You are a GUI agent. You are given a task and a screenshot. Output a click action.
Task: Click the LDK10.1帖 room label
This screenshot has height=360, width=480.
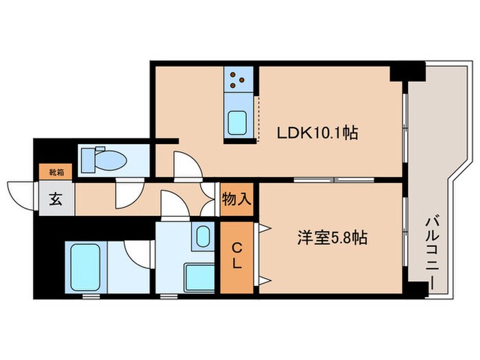317,132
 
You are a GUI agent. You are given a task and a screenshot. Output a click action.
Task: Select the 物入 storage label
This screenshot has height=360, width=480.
237,200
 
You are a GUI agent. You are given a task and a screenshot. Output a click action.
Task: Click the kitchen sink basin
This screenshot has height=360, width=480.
240,123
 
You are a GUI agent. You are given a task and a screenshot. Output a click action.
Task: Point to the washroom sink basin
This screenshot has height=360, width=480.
202,237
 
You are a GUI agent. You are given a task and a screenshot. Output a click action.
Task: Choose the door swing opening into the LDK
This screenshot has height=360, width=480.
187,167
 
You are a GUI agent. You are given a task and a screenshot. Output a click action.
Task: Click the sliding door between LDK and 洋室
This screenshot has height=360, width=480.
334,180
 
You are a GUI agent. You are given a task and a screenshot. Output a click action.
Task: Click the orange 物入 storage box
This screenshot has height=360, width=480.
237,200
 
